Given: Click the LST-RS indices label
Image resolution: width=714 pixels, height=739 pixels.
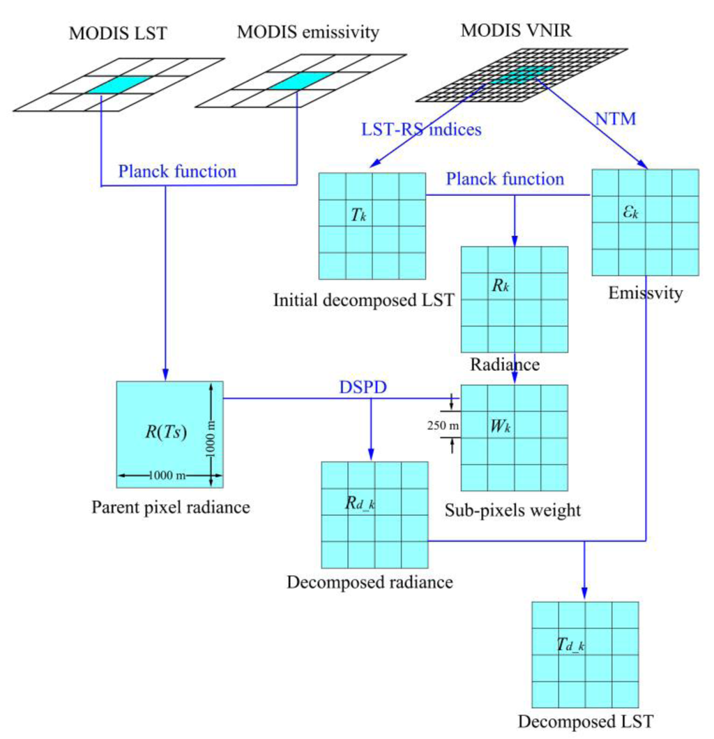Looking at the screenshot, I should click(420, 129).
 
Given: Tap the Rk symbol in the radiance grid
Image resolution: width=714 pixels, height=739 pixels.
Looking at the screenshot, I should click(501, 287).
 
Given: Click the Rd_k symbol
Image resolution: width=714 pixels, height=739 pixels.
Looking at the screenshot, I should click(360, 503).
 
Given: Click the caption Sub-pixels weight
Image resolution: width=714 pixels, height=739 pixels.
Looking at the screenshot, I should click(512, 510).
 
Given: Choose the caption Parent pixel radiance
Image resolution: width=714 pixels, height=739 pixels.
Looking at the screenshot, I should click(170, 507).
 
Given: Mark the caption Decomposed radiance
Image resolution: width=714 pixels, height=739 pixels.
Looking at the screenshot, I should click(370, 581).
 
